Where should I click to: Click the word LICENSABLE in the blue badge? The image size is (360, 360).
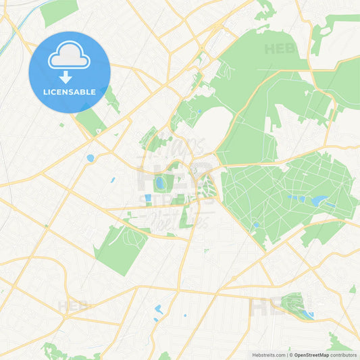point(69,92)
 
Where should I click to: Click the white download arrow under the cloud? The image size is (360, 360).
point(66,76)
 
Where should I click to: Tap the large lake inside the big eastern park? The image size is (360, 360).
point(318,201)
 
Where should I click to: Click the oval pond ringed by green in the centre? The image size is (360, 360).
point(161,183)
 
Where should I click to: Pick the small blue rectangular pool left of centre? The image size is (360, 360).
point(148,198)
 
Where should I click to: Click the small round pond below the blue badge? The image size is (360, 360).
point(90,158)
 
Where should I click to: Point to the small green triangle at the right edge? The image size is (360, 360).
point(353,289)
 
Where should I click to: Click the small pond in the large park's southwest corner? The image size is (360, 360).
point(255,226)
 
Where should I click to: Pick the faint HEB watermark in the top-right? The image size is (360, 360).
point(280,49)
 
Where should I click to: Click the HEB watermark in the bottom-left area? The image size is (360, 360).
point(72,306)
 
